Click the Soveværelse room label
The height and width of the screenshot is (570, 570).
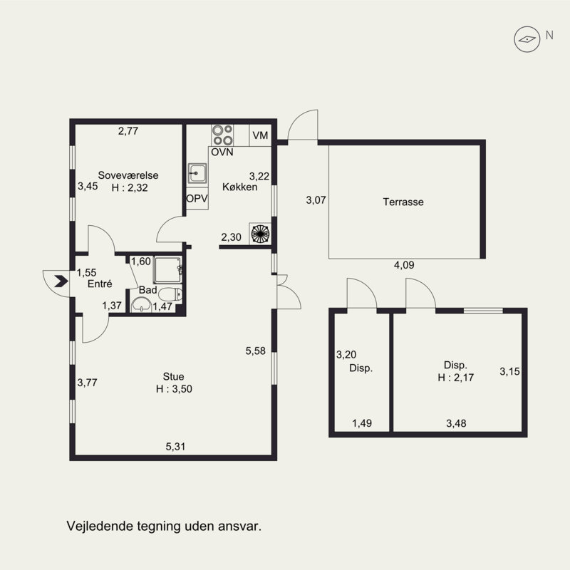[x=128, y=175]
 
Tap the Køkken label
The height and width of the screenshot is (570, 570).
[x=240, y=187]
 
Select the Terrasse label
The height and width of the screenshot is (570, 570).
[x=403, y=202]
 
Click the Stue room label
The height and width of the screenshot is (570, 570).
[x=173, y=376]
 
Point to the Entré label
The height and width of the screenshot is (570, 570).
[x=100, y=284]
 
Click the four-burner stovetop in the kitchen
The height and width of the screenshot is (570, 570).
[x=222, y=135]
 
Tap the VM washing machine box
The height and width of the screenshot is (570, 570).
[x=260, y=135]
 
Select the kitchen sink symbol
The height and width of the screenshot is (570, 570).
[x=197, y=173]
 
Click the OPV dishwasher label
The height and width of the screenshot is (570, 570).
[x=197, y=199]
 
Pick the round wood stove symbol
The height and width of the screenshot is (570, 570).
[x=260, y=234]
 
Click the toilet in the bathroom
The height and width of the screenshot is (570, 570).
[x=170, y=294]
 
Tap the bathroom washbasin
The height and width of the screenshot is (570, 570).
[x=141, y=305]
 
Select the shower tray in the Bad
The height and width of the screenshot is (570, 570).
[x=167, y=270]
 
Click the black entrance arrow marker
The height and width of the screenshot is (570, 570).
[x=61, y=281]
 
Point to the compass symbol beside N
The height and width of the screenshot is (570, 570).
[x=527, y=39]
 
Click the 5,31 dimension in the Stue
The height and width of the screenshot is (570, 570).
[x=175, y=447]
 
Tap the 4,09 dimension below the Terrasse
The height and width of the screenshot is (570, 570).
[x=404, y=265]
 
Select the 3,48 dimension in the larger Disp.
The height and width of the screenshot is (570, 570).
[x=456, y=423]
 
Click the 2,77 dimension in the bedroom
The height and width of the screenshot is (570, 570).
[x=128, y=131]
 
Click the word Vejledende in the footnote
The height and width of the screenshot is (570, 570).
[x=100, y=526]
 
